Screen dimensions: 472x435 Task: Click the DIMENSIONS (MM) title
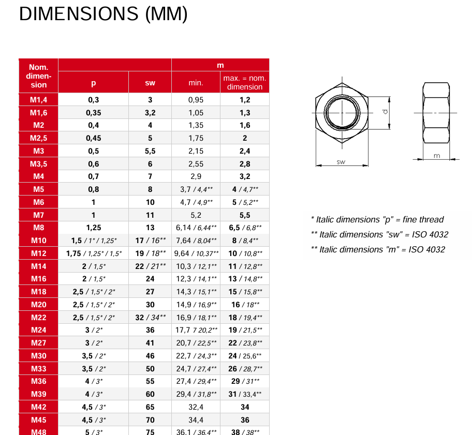pos(104,14)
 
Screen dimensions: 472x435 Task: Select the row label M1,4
pos(38,100)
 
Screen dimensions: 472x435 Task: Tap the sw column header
pos(150,83)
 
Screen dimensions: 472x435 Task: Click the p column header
pos(93,83)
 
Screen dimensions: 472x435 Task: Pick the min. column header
pos(196,83)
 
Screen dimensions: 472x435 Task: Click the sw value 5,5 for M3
pos(150,151)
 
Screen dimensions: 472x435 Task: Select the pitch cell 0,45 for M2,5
pos(93,138)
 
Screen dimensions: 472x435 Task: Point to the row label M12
pos(38,253)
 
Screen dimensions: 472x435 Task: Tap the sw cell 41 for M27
pos(150,343)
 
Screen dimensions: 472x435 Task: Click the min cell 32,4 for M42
pos(196,407)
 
